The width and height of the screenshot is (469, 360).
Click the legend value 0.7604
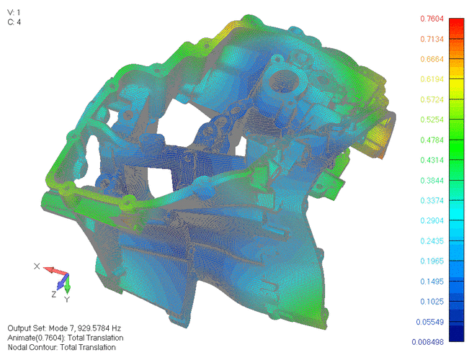(432, 19)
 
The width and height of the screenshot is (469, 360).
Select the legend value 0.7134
(432, 39)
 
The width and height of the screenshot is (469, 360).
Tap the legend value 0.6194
(432, 79)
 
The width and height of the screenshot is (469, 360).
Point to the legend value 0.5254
(432, 120)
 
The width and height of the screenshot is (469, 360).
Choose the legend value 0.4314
(432, 161)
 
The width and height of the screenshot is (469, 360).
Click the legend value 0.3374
(432, 201)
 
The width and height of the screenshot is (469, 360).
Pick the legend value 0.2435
(432, 241)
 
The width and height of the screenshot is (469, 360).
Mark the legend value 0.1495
(432, 282)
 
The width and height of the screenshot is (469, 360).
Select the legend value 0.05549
(429, 322)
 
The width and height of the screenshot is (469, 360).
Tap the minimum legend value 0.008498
(427, 342)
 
